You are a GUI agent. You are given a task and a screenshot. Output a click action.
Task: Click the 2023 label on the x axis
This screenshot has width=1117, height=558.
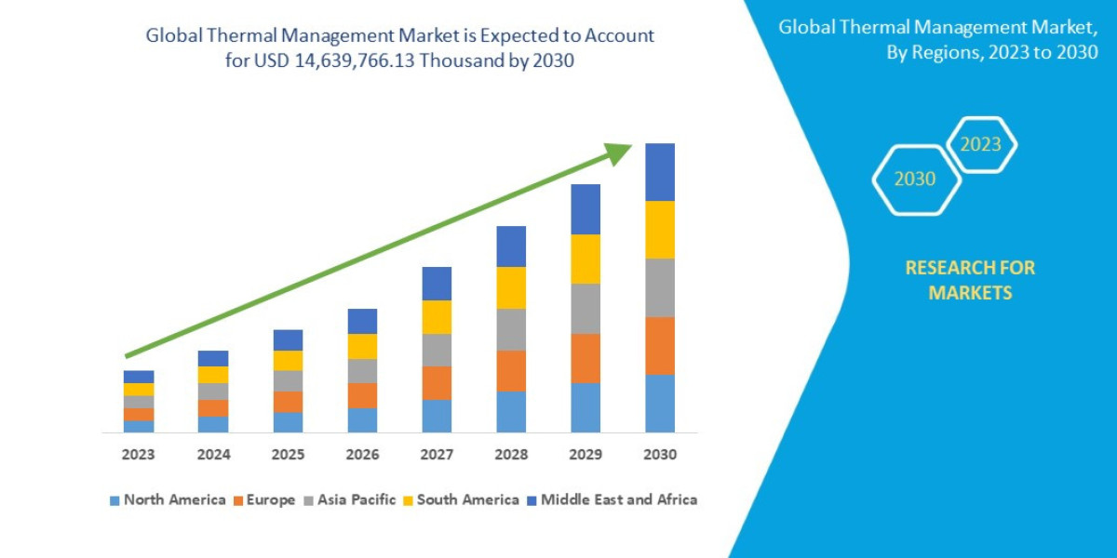coord(138,455)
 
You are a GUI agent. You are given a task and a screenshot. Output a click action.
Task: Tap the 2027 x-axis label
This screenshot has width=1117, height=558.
coord(437,455)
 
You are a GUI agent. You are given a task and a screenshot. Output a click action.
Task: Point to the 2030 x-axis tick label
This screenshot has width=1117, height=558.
coord(659,455)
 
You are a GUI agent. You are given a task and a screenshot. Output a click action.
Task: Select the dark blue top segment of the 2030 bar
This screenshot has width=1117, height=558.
coord(660,172)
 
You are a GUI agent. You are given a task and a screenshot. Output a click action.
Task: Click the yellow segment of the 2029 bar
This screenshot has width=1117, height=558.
coord(585,259)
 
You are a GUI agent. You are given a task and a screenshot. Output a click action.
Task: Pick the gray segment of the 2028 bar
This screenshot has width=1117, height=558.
coord(511,329)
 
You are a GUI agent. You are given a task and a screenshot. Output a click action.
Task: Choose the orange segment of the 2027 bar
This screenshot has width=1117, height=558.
coord(437,383)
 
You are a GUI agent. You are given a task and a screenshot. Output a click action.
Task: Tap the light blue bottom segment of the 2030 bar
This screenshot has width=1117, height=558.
coord(660,404)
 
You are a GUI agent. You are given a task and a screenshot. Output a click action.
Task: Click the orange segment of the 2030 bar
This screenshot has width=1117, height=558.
coord(660,346)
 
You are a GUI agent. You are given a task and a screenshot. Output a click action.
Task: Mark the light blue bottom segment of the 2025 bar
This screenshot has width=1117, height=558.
coord(288,422)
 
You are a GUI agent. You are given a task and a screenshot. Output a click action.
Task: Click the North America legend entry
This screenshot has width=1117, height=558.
coord(168,499)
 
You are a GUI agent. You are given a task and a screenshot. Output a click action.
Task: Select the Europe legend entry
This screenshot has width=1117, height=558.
coord(264,499)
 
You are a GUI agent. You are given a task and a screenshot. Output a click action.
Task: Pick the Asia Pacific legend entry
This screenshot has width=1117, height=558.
coord(349,499)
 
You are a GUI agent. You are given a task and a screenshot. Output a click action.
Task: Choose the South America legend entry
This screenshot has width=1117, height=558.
coord(460,499)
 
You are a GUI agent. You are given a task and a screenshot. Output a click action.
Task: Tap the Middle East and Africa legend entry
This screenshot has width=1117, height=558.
coord(611,499)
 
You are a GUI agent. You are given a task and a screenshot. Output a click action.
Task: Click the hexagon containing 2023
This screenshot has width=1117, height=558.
coord(981,144)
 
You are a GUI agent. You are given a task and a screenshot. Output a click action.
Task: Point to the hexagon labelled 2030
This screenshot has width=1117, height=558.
coord(915,179)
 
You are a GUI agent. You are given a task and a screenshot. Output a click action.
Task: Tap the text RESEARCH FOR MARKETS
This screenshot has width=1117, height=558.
coord(970,280)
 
